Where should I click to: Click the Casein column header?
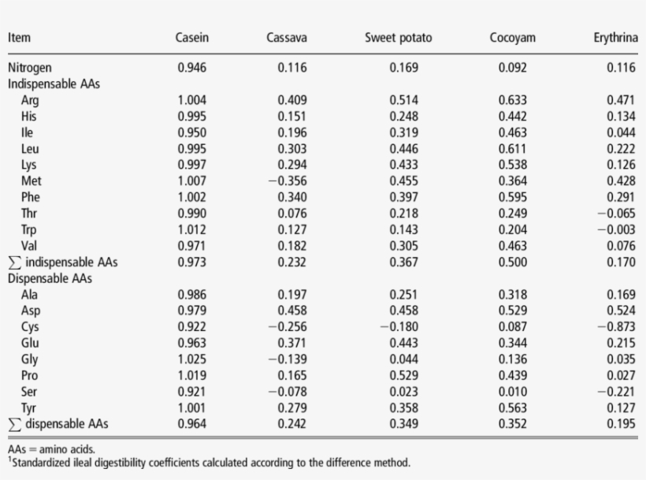tap(192, 38)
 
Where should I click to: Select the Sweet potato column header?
tap(399, 38)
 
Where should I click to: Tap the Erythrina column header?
tap(614, 38)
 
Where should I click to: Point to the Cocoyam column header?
tap(513, 38)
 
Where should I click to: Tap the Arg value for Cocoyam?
tap(514, 100)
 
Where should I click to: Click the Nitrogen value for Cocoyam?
tap(514, 68)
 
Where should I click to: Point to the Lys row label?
tap(30, 165)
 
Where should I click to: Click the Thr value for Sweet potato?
tap(404, 213)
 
